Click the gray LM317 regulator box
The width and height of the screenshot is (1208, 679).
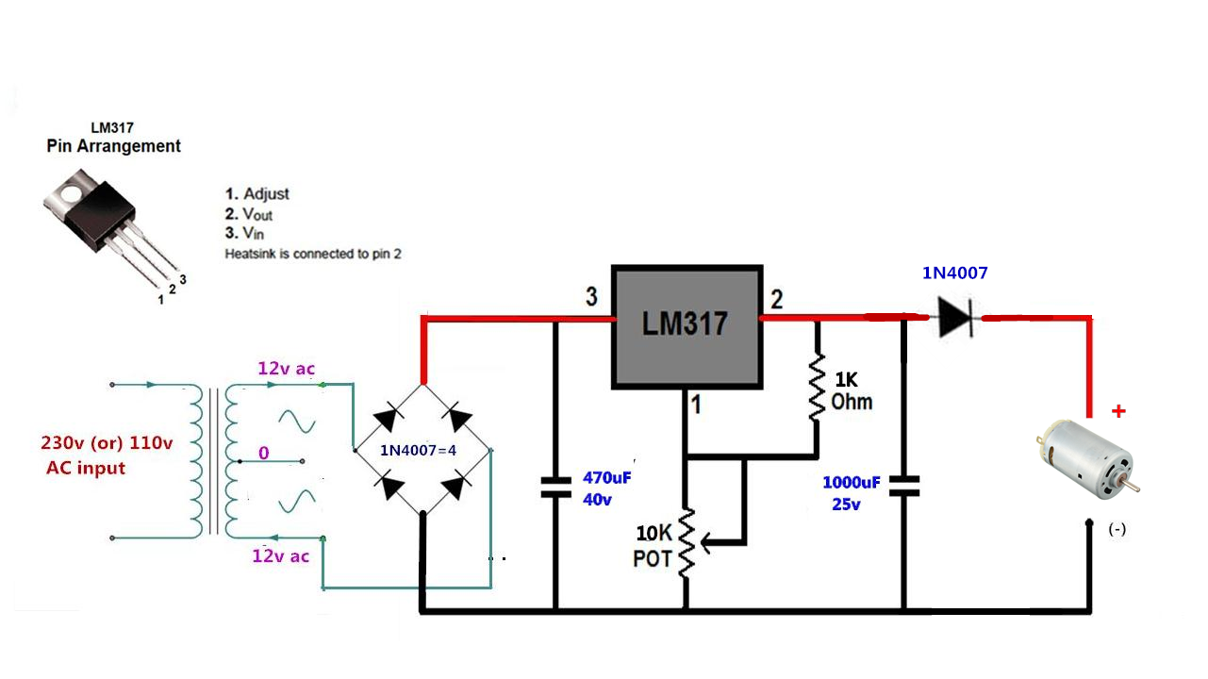coord(686,325)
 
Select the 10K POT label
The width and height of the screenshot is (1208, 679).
coord(653,545)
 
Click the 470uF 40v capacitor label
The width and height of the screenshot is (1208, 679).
coord(605,488)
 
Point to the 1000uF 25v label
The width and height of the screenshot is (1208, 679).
coord(852,492)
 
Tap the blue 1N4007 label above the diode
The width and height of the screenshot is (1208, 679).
coord(954,273)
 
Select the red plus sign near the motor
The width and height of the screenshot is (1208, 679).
coord(1118,411)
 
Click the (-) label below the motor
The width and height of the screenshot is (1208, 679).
coord(1117,529)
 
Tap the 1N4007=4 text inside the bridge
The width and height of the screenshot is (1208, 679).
coord(418,450)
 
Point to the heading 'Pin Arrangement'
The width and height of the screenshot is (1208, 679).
coord(113,146)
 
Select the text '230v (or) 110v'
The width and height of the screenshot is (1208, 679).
coord(107,443)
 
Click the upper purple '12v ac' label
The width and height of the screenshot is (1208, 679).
coord(286,369)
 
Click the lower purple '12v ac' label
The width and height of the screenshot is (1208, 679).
coord(280,555)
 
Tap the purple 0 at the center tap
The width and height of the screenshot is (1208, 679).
coord(264,454)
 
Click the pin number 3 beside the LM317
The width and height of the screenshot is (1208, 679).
coord(591,297)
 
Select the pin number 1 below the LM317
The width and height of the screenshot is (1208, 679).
coord(696,406)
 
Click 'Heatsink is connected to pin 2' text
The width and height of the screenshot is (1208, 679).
coord(313,254)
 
